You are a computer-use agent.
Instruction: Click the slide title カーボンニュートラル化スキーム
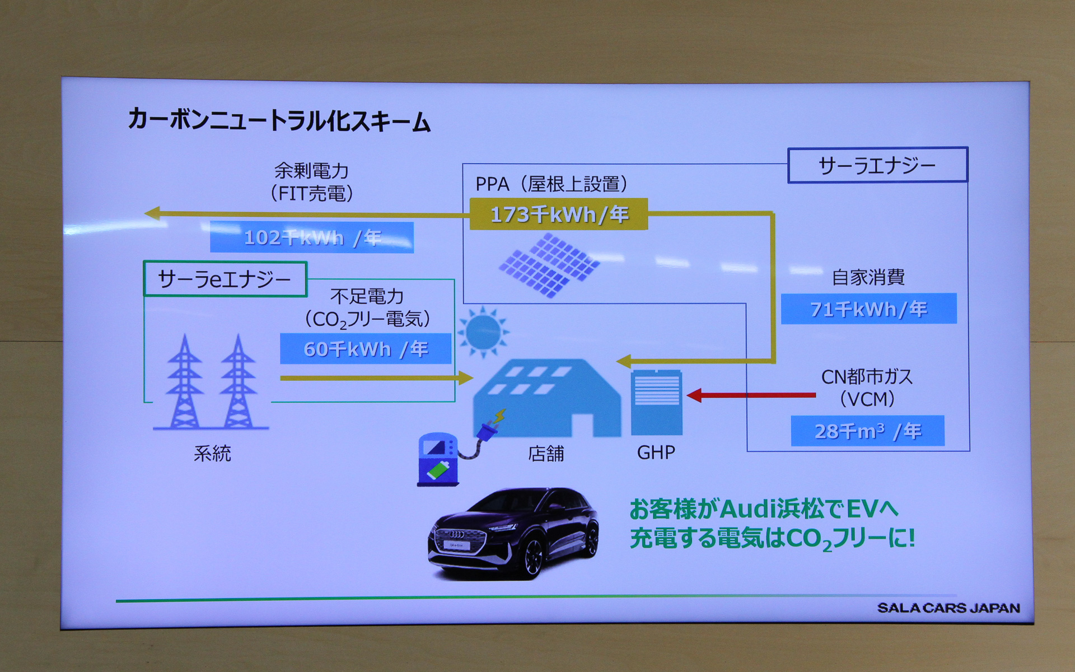(279, 120)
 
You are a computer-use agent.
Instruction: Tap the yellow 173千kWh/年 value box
(559, 214)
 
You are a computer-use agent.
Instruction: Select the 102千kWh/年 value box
(312, 237)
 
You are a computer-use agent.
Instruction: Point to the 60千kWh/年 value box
(366, 349)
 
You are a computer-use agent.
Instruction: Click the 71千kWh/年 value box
(868, 309)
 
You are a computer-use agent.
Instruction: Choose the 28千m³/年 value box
(867, 431)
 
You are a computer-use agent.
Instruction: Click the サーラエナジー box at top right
(877, 165)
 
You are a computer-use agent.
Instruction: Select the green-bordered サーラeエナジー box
(225, 279)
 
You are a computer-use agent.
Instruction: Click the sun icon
(483, 332)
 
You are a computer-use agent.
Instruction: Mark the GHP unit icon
(656, 402)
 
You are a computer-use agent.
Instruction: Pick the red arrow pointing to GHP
(750, 395)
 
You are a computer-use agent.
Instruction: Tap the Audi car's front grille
(457, 539)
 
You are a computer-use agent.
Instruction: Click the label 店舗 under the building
(546, 453)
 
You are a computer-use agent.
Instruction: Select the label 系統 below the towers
(212, 453)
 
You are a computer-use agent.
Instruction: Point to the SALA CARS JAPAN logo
(948, 608)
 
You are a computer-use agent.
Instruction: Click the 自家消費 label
(868, 277)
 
